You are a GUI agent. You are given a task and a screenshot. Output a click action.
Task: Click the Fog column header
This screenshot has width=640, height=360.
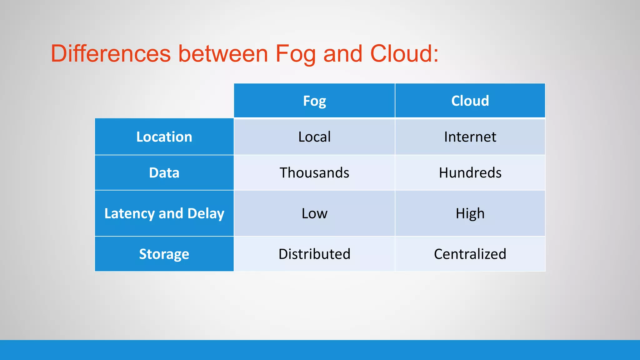(314, 101)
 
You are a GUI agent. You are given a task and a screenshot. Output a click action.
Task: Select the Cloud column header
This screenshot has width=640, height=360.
(470, 101)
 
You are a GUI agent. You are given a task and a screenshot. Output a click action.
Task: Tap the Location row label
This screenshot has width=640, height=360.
(164, 137)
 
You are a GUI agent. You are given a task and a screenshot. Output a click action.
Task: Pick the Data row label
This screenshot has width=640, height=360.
(164, 173)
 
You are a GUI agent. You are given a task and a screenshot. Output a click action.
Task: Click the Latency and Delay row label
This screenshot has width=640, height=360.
(164, 213)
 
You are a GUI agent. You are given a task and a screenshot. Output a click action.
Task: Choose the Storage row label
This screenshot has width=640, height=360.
(164, 254)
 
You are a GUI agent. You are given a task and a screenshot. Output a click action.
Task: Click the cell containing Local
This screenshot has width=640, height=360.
(314, 137)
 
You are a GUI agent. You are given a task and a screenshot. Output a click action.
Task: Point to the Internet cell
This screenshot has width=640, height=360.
(470, 137)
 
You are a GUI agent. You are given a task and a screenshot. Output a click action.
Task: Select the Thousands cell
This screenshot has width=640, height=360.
(314, 173)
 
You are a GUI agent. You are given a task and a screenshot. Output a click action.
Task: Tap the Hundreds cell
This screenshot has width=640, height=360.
(470, 173)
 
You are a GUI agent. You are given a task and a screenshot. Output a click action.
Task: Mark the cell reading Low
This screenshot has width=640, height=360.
(314, 213)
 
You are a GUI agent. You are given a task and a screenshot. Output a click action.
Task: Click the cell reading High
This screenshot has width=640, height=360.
(470, 213)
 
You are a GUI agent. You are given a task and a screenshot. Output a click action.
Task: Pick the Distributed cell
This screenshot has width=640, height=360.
(314, 254)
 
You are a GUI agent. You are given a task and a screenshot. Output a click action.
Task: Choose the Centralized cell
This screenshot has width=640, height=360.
(470, 254)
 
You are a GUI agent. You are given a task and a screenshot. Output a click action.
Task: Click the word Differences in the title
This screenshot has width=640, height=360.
(111, 53)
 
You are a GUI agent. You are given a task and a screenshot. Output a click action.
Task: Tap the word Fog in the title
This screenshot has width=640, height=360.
(295, 54)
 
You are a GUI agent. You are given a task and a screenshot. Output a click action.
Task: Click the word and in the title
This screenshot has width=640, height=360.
(342, 53)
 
